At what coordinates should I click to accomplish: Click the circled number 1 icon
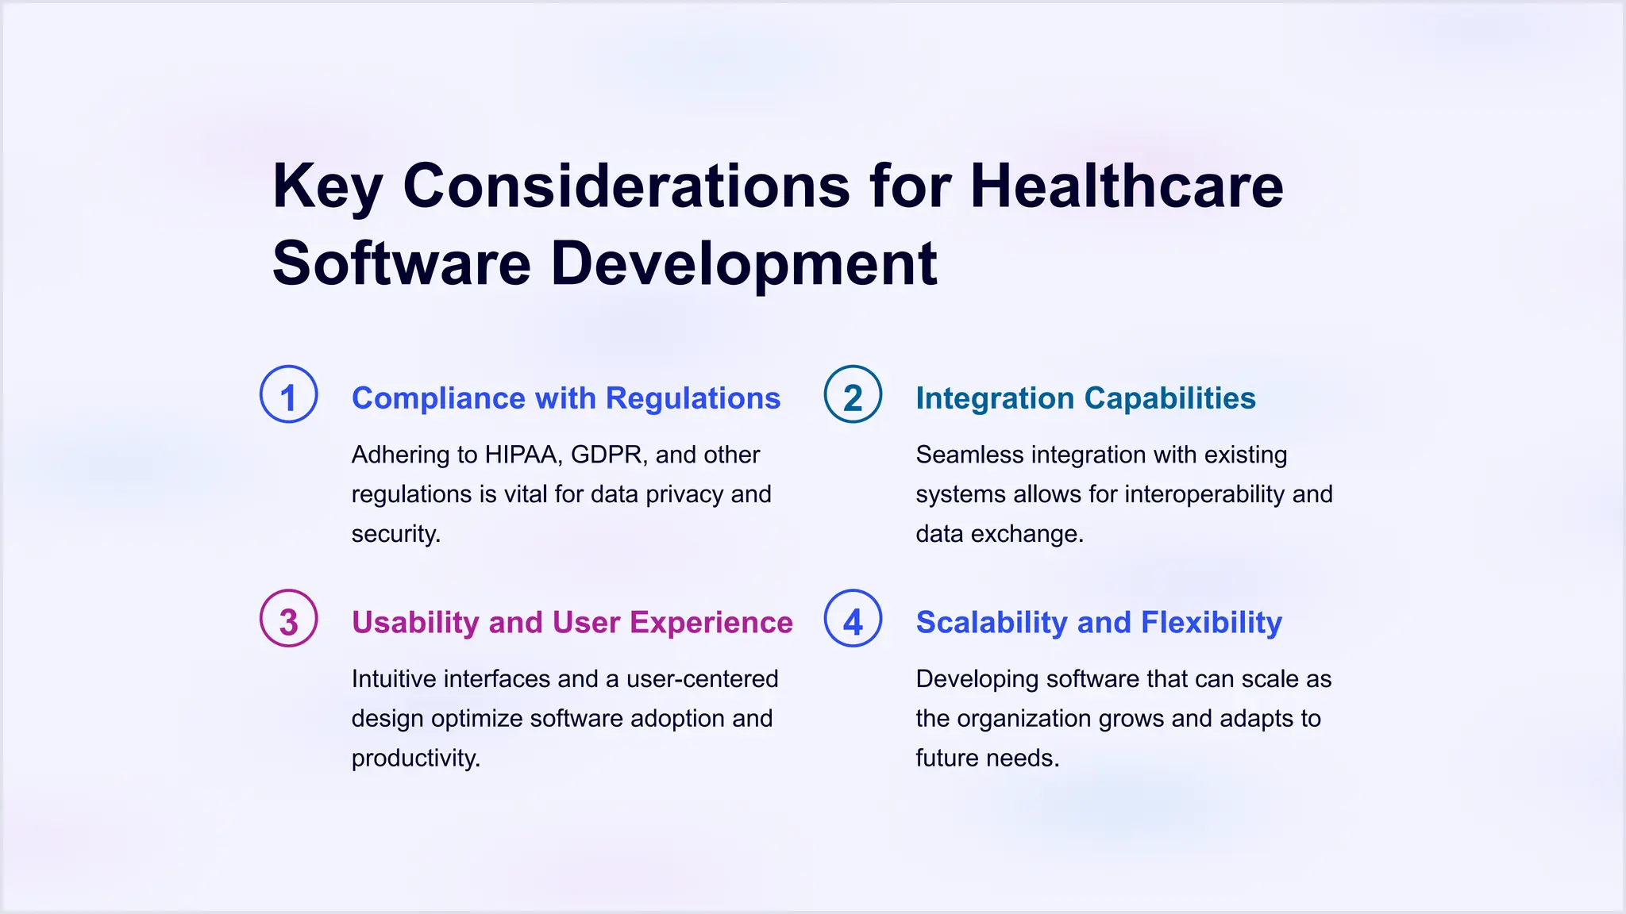point(289,394)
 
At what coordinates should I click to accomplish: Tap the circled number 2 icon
point(853,394)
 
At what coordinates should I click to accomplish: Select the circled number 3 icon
point(289,619)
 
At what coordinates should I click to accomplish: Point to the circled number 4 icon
point(853,619)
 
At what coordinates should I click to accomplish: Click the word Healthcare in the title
point(1126,186)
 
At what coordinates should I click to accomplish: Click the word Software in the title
point(402,263)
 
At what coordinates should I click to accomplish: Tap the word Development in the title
point(744,263)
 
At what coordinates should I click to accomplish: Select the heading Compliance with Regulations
point(566,398)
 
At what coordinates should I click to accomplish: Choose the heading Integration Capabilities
point(1085,398)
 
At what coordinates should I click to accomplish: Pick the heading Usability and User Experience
point(572,623)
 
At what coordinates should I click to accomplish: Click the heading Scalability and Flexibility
point(1099,623)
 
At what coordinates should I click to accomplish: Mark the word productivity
point(415,758)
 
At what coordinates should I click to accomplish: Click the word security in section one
point(395,534)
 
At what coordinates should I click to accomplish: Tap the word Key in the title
point(327,186)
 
